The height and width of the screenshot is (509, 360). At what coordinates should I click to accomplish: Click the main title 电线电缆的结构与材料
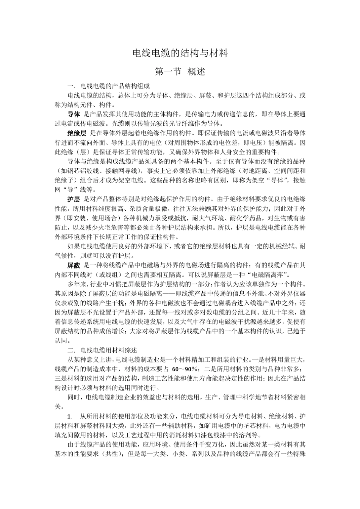point(180,53)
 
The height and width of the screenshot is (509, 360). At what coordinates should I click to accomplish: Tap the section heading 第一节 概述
point(180,71)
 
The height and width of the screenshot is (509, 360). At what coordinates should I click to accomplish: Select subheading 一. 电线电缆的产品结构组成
point(109,86)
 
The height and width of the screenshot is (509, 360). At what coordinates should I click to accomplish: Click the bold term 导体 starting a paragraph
point(74,114)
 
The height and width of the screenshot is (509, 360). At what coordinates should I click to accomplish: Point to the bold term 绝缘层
point(77,133)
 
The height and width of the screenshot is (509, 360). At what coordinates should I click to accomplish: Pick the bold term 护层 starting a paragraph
point(74,199)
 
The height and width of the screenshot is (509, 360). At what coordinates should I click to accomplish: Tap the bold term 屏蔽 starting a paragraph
point(74,265)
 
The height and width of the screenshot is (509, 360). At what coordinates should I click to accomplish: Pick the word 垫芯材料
point(256,426)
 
